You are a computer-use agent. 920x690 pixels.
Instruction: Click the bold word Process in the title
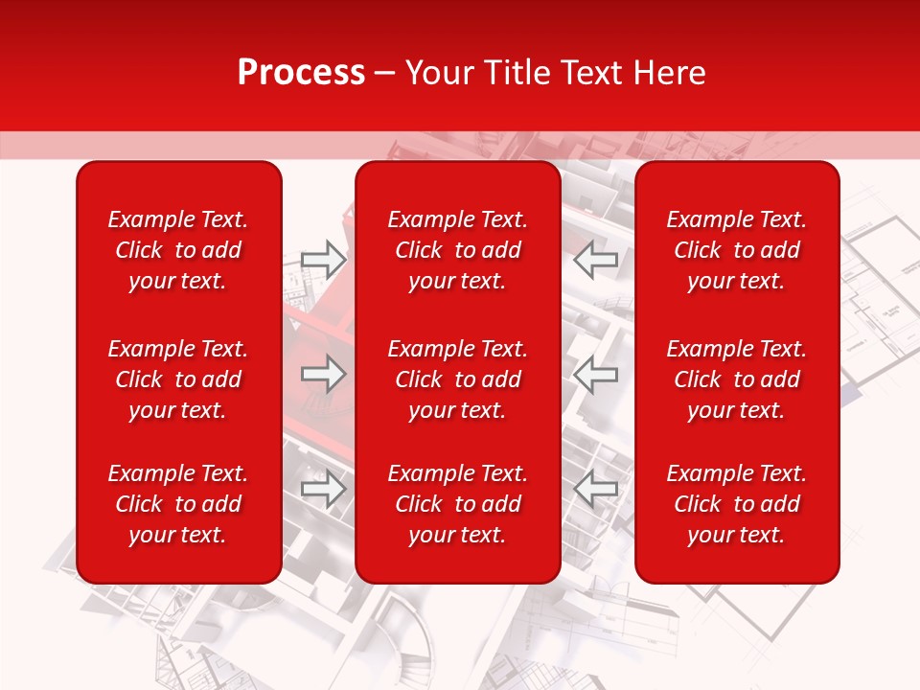click(x=301, y=73)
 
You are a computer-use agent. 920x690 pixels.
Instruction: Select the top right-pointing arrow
click(x=323, y=258)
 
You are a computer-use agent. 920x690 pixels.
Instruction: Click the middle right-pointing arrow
click(x=323, y=374)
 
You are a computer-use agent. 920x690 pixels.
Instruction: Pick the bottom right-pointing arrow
click(x=323, y=489)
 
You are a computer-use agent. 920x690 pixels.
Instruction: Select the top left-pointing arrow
click(x=596, y=258)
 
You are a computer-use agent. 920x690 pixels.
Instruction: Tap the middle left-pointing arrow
click(x=596, y=374)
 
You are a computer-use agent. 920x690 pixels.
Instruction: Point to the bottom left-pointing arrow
click(x=596, y=489)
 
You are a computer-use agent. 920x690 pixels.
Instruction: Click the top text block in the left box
click(x=178, y=250)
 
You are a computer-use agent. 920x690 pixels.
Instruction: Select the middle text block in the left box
click(x=178, y=379)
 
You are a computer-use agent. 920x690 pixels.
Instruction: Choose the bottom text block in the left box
click(x=178, y=504)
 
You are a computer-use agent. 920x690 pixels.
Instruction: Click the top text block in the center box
click(x=458, y=250)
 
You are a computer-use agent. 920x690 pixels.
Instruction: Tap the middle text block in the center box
click(x=458, y=379)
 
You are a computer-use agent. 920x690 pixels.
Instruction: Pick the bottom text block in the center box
click(x=458, y=504)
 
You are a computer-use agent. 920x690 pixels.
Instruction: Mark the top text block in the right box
click(x=737, y=250)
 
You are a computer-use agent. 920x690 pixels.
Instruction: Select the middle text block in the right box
click(x=737, y=379)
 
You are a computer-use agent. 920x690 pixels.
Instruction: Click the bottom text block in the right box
click(x=737, y=504)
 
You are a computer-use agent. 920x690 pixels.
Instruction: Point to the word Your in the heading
click(x=438, y=73)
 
